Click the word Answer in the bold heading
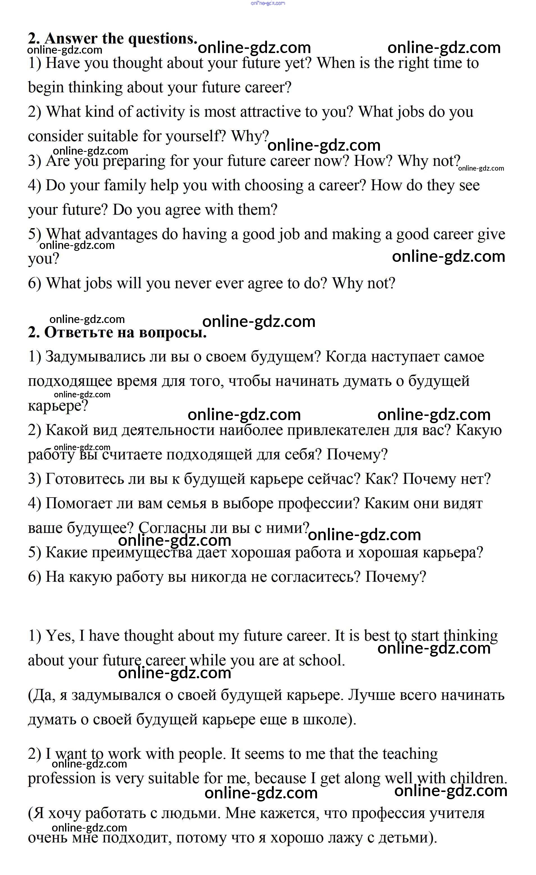[x=71, y=38]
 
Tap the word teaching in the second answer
[x=410, y=754]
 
